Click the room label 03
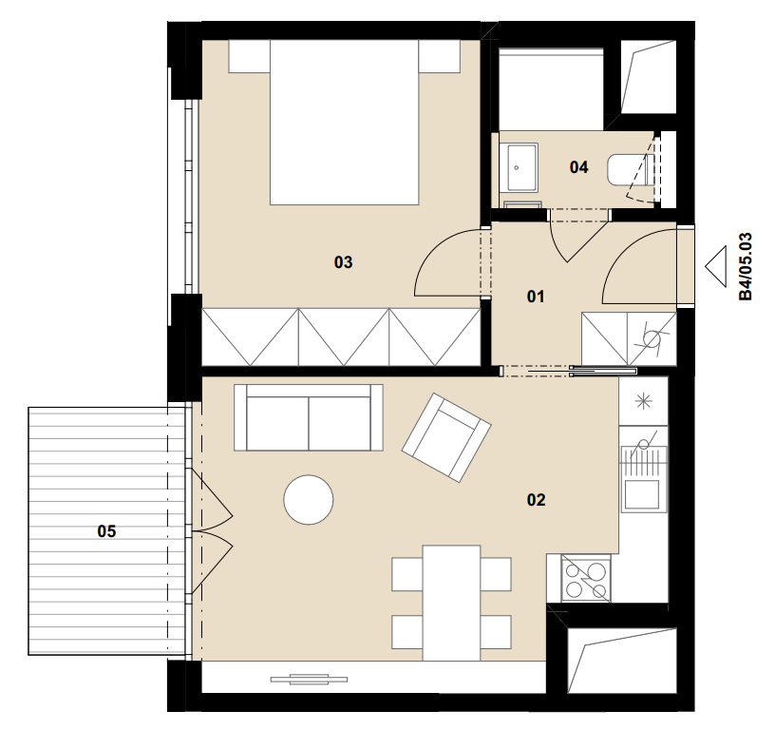(x=343, y=262)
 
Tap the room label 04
(x=578, y=167)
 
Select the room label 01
(x=536, y=297)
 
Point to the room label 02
(x=537, y=500)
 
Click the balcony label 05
(x=106, y=531)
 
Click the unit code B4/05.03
(x=746, y=266)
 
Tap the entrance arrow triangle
(x=716, y=266)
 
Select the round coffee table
(x=309, y=500)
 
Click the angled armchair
(x=446, y=437)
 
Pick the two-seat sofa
(x=309, y=418)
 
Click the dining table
(x=451, y=603)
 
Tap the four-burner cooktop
(x=586, y=579)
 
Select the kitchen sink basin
(x=642, y=494)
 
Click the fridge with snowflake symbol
(x=644, y=401)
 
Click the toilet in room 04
(x=630, y=170)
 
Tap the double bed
(x=345, y=123)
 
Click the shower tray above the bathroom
(x=551, y=89)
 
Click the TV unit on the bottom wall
(x=309, y=679)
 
